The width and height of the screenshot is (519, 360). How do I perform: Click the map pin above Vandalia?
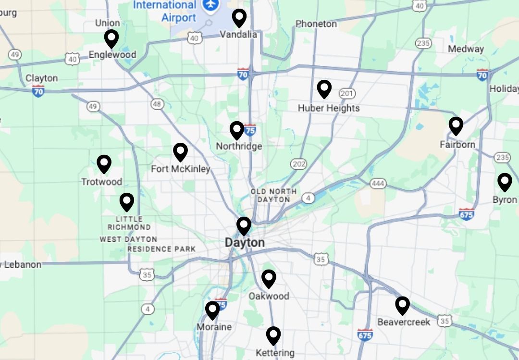point(239,18)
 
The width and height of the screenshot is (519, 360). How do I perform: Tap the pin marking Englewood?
point(111,39)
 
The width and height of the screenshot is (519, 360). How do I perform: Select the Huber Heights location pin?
point(324,89)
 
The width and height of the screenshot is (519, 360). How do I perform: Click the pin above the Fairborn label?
point(456,126)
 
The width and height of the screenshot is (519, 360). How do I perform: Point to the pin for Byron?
point(505,182)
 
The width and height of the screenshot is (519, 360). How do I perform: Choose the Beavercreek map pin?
point(402,305)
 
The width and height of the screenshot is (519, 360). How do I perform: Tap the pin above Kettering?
point(273,335)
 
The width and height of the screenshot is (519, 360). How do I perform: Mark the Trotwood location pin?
point(104,164)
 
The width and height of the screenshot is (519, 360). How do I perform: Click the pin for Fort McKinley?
point(180,152)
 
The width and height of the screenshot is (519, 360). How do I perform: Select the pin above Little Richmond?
point(126,202)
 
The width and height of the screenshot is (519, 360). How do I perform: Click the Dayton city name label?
point(245,243)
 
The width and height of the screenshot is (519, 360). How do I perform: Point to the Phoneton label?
point(316,24)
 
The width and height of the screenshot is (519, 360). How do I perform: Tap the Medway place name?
point(466,49)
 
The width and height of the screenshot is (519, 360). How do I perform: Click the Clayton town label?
point(41,78)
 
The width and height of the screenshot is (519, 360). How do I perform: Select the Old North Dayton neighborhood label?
point(270,196)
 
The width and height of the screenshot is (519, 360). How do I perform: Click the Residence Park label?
point(161,249)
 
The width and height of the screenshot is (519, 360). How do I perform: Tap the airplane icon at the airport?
point(210,4)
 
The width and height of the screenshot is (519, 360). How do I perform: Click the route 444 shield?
point(378,184)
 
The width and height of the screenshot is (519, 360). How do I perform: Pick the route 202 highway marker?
point(298,164)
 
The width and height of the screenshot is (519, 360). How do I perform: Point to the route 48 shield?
point(157,104)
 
